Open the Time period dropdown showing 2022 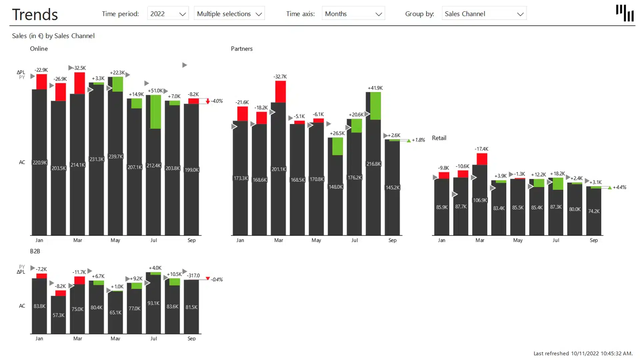[168, 14]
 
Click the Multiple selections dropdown [229, 14]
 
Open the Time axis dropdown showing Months [353, 14]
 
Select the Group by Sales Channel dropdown [484, 14]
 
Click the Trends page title [35, 15]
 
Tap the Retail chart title [439, 138]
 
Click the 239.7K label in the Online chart [116, 157]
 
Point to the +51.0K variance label [155, 91]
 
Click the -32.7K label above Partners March [280, 77]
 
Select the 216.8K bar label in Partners [373, 164]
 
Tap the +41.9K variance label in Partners [375, 88]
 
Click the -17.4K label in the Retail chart [481, 149]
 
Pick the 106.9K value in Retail [480, 200]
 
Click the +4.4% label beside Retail [619, 187]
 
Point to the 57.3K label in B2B [58, 315]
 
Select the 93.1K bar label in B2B [153, 303]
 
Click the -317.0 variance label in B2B [193, 276]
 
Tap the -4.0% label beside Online [217, 101]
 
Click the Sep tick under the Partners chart [392, 240]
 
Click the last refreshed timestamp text [583, 353]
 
